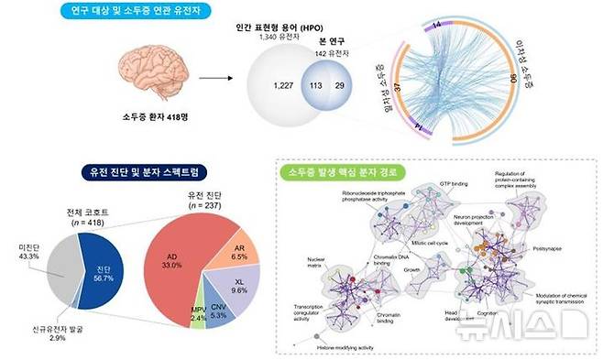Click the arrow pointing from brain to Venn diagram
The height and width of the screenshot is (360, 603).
point(213,80)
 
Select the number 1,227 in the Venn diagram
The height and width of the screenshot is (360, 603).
point(280,85)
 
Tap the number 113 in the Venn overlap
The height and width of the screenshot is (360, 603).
point(318,85)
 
